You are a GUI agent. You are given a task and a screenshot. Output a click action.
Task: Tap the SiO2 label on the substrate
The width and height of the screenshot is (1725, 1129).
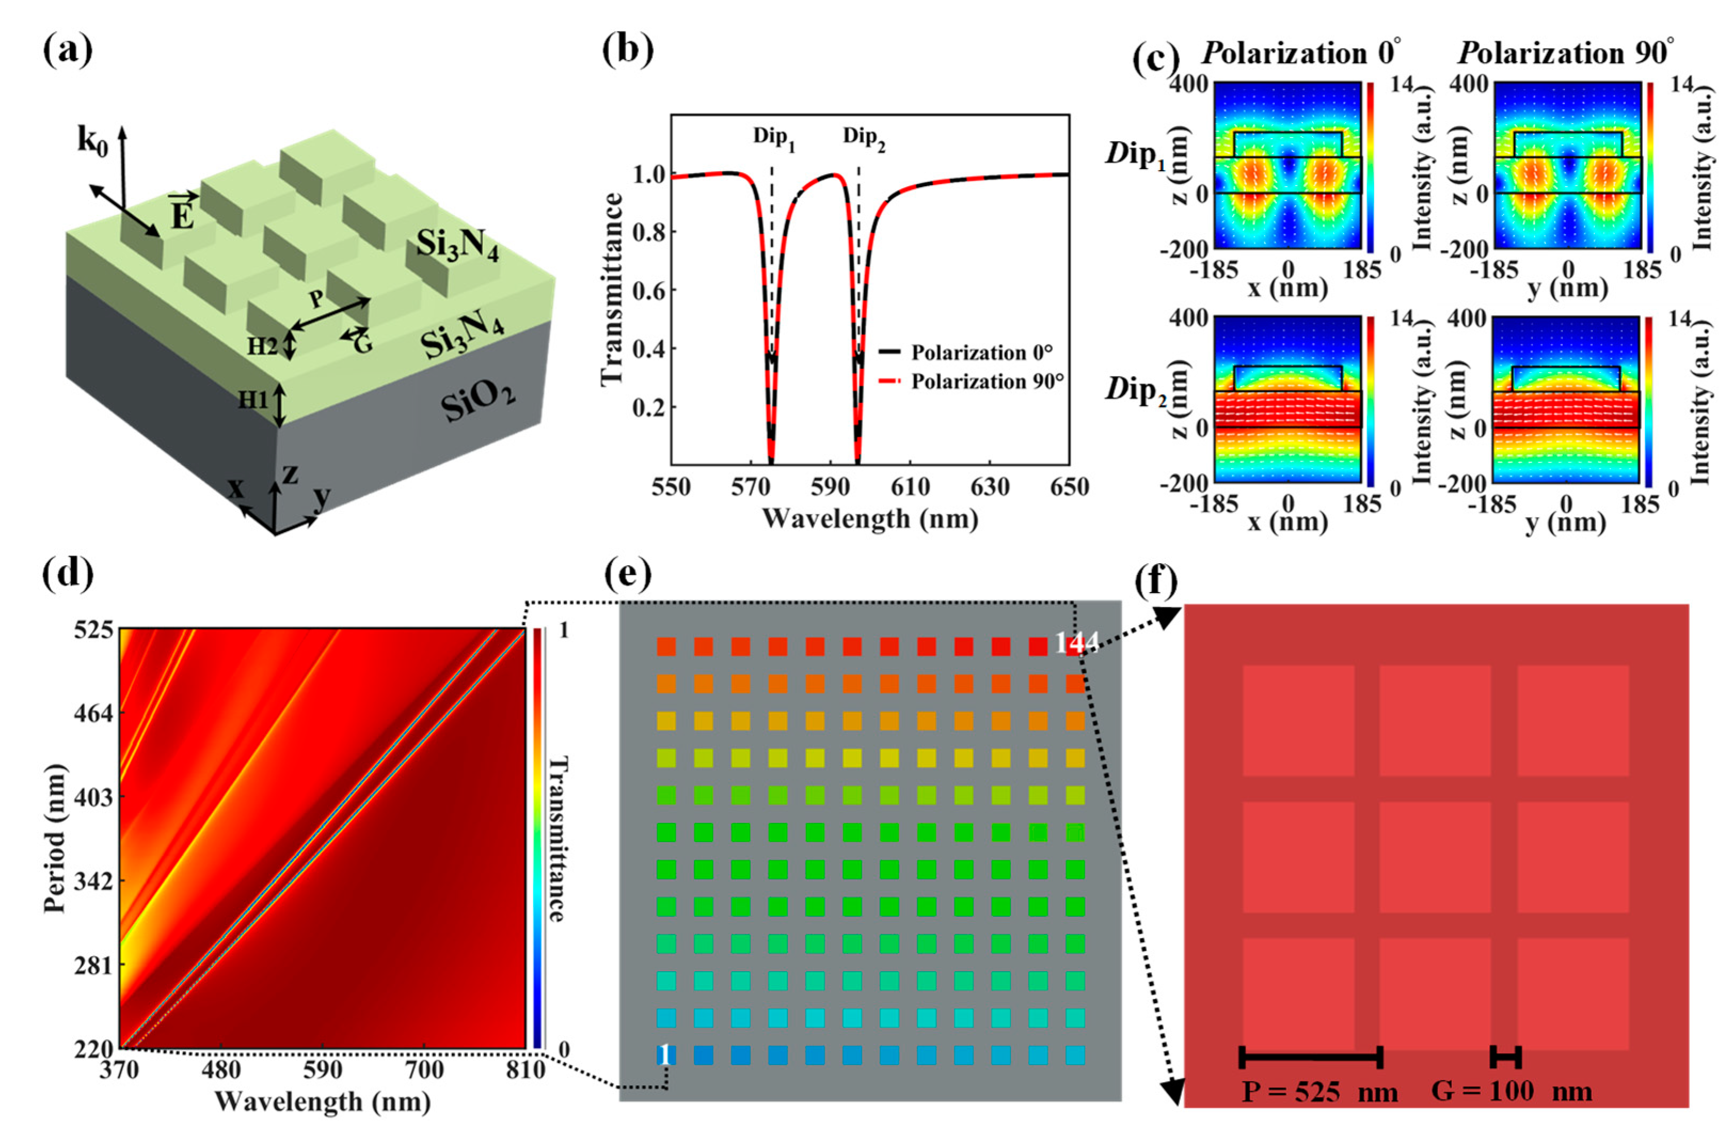tap(479, 399)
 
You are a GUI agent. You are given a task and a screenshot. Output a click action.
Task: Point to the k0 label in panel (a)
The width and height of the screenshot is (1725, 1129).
tap(93, 140)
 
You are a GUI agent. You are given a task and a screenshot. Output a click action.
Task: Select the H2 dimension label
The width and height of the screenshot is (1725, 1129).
tap(262, 347)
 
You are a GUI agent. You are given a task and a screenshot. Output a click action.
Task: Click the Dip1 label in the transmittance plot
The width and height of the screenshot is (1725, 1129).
tap(773, 138)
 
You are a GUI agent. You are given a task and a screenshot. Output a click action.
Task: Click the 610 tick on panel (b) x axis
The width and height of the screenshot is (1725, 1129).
tap(909, 487)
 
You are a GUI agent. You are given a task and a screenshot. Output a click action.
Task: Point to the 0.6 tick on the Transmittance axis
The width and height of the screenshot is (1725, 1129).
tap(649, 291)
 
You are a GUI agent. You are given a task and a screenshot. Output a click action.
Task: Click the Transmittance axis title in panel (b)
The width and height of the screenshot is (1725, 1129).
tap(612, 289)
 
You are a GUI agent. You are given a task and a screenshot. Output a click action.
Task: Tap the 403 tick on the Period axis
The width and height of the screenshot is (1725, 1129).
tap(93, 798)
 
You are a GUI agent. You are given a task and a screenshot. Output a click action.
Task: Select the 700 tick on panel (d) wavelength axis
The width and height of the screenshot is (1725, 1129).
tap(424, 1070)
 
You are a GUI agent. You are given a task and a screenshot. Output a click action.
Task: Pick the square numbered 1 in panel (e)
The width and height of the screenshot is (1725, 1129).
tap(665, 1054)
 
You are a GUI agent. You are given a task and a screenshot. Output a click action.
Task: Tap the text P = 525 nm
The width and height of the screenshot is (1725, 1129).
tap(1320, 1091)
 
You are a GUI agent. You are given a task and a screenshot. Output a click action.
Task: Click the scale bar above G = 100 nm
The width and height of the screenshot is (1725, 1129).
tap(1505, 1057)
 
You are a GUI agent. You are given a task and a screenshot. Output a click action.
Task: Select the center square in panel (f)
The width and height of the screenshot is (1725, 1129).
tap(1435, 857)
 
